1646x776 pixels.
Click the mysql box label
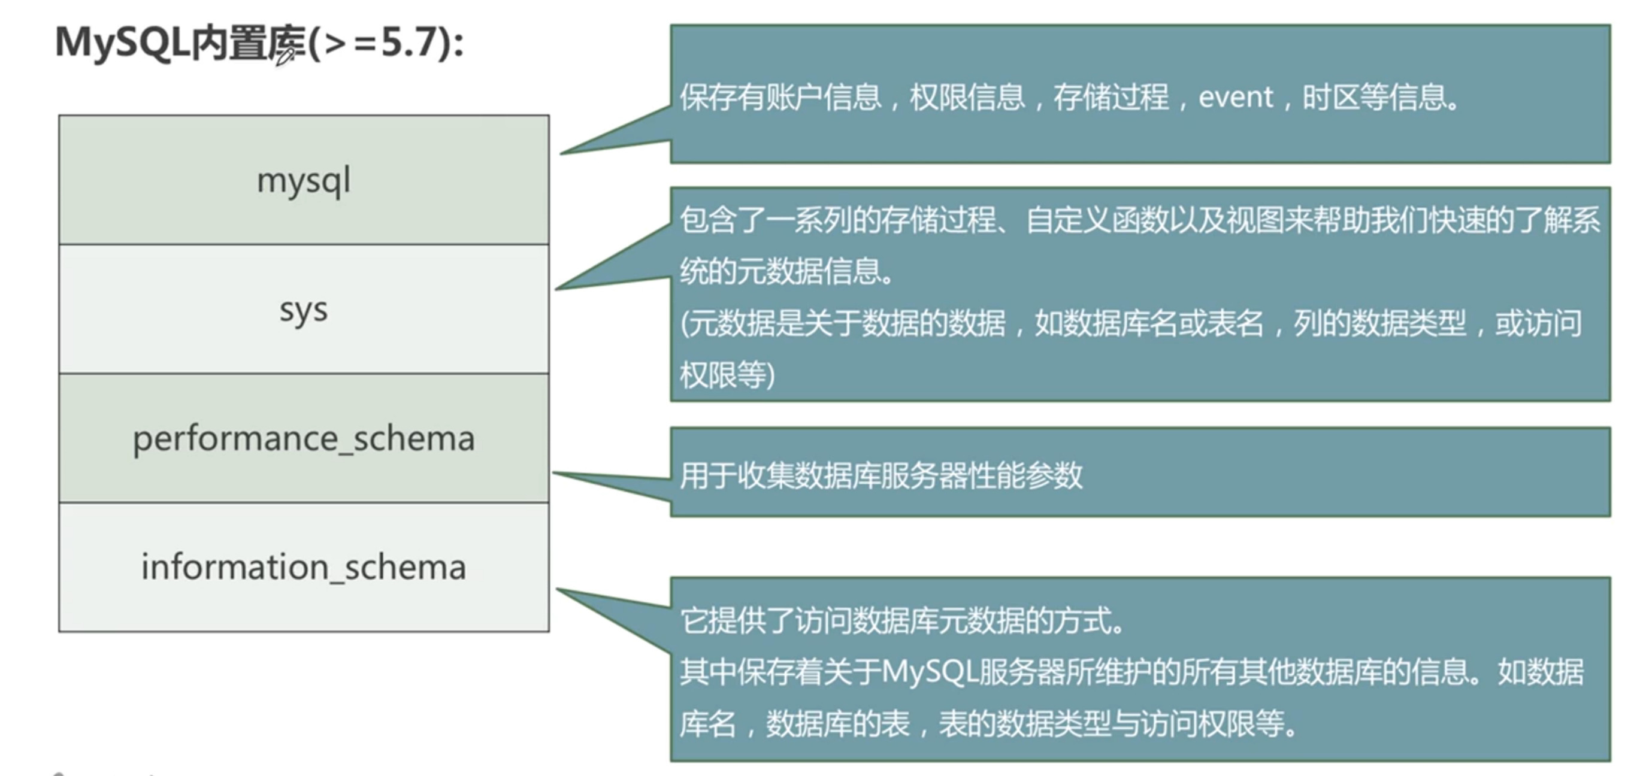point(304,181)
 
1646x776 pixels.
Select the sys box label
point(304,311)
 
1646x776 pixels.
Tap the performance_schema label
point(304,439)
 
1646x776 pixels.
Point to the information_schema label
point(304,568)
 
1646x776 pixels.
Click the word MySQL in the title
point(122,43)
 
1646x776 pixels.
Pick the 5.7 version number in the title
point(409,43)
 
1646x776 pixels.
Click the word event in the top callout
point(1235,98)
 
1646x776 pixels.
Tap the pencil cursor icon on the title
point(285,57)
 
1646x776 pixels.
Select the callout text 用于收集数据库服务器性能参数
point(881,476)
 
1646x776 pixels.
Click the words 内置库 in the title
point(246,43)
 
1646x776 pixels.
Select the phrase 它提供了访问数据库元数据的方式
point(901,621)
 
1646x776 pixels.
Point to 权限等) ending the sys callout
point(727,375)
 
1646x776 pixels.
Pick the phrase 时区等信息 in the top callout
point(1380,98)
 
